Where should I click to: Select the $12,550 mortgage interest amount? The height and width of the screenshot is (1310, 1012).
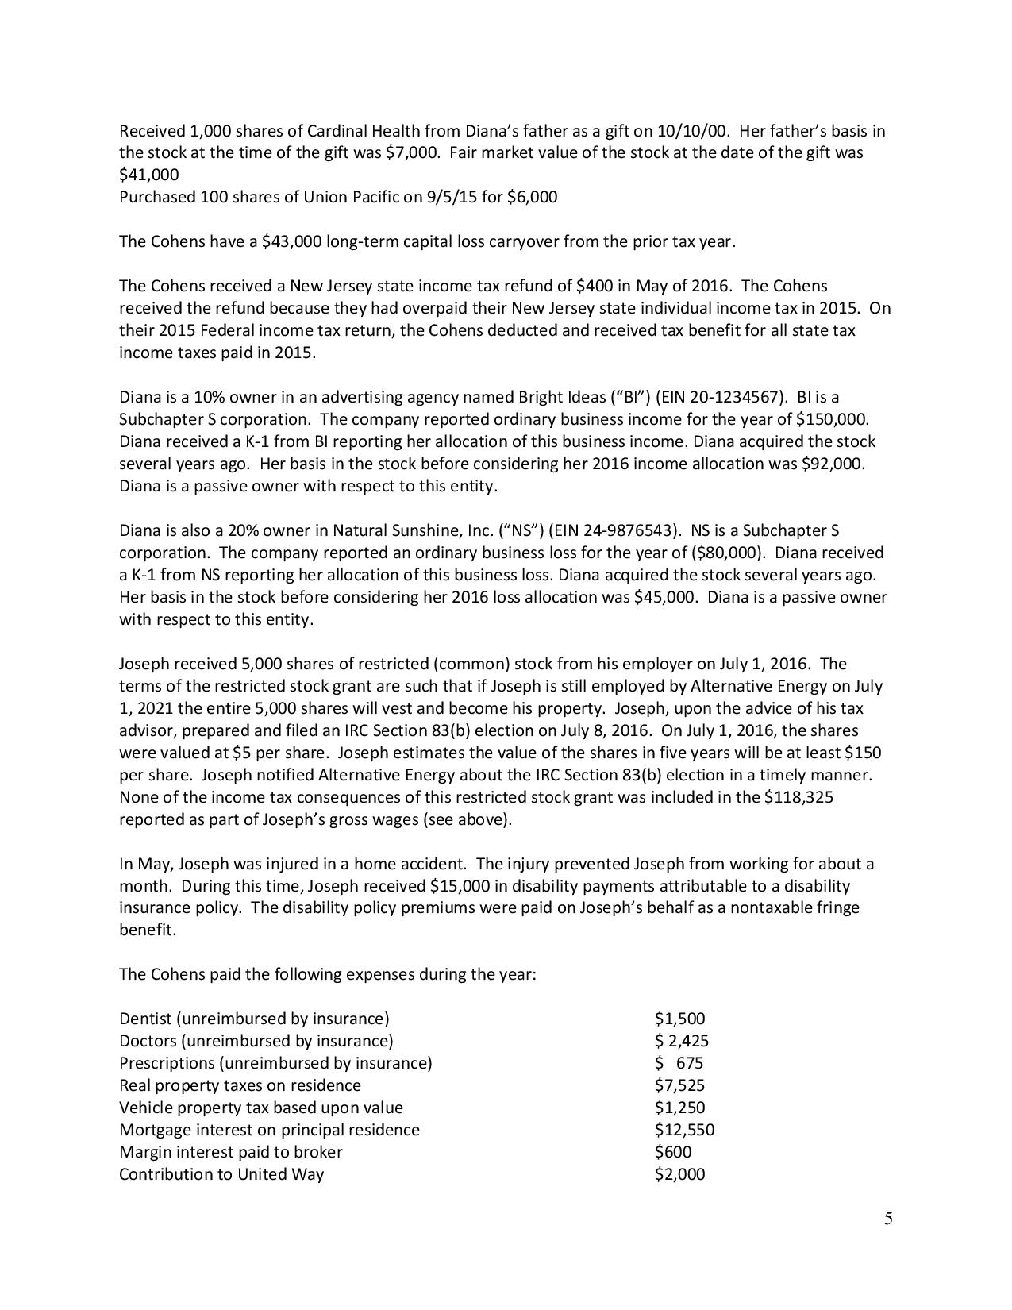(x=684, y=1130)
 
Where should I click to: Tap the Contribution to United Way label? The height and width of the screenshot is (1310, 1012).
(x=221, y=1174)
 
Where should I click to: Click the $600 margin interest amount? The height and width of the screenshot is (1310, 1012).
(x=673, y=1152)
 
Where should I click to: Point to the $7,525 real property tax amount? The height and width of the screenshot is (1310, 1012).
(x=679, y=1085)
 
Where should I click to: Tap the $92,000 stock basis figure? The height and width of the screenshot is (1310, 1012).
(x=832, y=464)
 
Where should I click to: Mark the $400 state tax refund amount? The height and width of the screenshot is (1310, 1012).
(x=595, y=286)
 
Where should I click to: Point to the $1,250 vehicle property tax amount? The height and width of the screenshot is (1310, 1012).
(x=679, y=1108)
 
